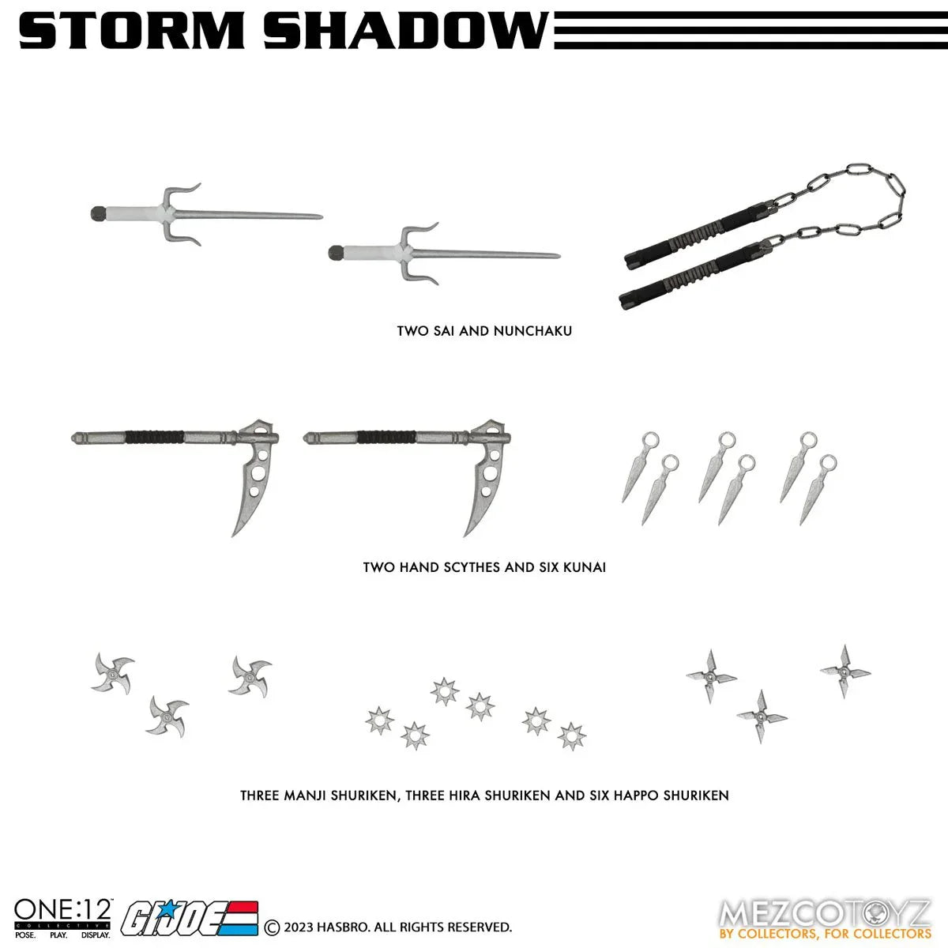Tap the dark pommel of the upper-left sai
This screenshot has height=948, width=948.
pyautogui.click(x=96, y=212)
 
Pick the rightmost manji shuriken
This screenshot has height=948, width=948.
pyautogui.click(x=250, y=676)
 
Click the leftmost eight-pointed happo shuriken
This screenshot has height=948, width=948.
pyautogui.click(x=380, y=720)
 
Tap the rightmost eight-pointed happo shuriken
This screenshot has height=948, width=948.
pyautogui.click(x=571, y=735)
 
